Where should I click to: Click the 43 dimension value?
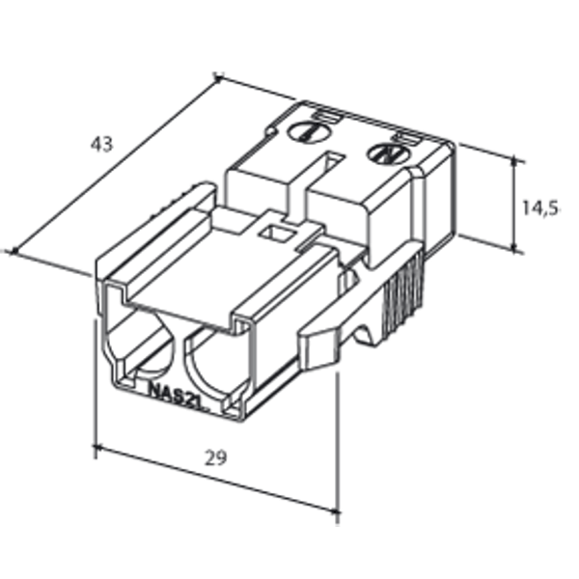point(101,145)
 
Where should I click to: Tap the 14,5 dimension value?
point(540,207)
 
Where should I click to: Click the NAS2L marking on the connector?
point(178,393)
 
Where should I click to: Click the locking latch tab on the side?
point(333,333)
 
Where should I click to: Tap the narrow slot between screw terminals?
point(332,164)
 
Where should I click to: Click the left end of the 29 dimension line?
point(95,447)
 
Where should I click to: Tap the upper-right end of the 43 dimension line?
point(218,76)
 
